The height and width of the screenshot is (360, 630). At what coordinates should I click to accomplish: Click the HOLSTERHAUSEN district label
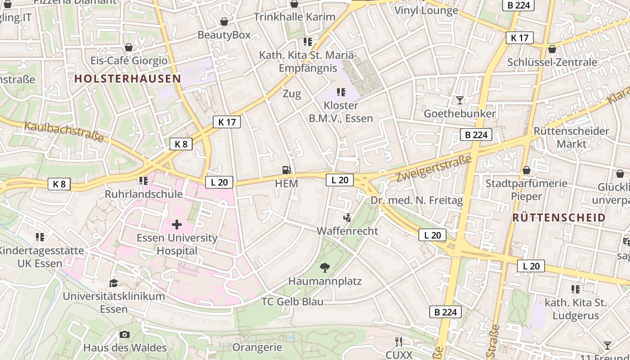point(127,79)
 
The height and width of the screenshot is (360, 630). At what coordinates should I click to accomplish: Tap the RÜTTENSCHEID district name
point(559,218)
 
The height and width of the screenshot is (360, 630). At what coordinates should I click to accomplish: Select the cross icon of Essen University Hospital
point(177,224)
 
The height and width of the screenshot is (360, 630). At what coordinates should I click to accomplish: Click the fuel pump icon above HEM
point(286,170)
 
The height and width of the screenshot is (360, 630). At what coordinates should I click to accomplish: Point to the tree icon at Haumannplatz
point(324,268)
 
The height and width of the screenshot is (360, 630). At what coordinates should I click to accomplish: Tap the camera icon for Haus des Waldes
point(125,334)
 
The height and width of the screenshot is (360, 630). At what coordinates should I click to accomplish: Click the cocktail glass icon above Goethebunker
point(459,100)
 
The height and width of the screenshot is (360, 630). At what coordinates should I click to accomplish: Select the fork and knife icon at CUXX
point(398,342)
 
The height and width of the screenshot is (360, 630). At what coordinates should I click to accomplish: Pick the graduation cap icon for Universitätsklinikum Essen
point(113,283)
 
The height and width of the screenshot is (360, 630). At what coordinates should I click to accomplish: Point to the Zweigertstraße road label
point(434,168)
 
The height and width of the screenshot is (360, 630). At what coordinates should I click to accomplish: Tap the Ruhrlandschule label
point(144,194)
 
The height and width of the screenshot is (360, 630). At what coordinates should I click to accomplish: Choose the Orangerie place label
point(257,347)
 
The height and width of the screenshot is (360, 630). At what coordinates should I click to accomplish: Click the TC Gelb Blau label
point(292,301)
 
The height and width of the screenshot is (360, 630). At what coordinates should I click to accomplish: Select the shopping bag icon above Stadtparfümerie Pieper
point(526,170)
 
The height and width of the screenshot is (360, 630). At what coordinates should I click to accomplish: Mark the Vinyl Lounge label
point(426,10)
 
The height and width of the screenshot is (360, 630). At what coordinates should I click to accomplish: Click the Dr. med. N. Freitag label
point(416,200)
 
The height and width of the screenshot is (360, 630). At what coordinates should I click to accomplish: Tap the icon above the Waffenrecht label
point(347,218)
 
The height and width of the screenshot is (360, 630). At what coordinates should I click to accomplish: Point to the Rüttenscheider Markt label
point(571,137)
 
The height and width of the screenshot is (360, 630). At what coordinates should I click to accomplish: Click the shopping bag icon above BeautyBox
point(224,22)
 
